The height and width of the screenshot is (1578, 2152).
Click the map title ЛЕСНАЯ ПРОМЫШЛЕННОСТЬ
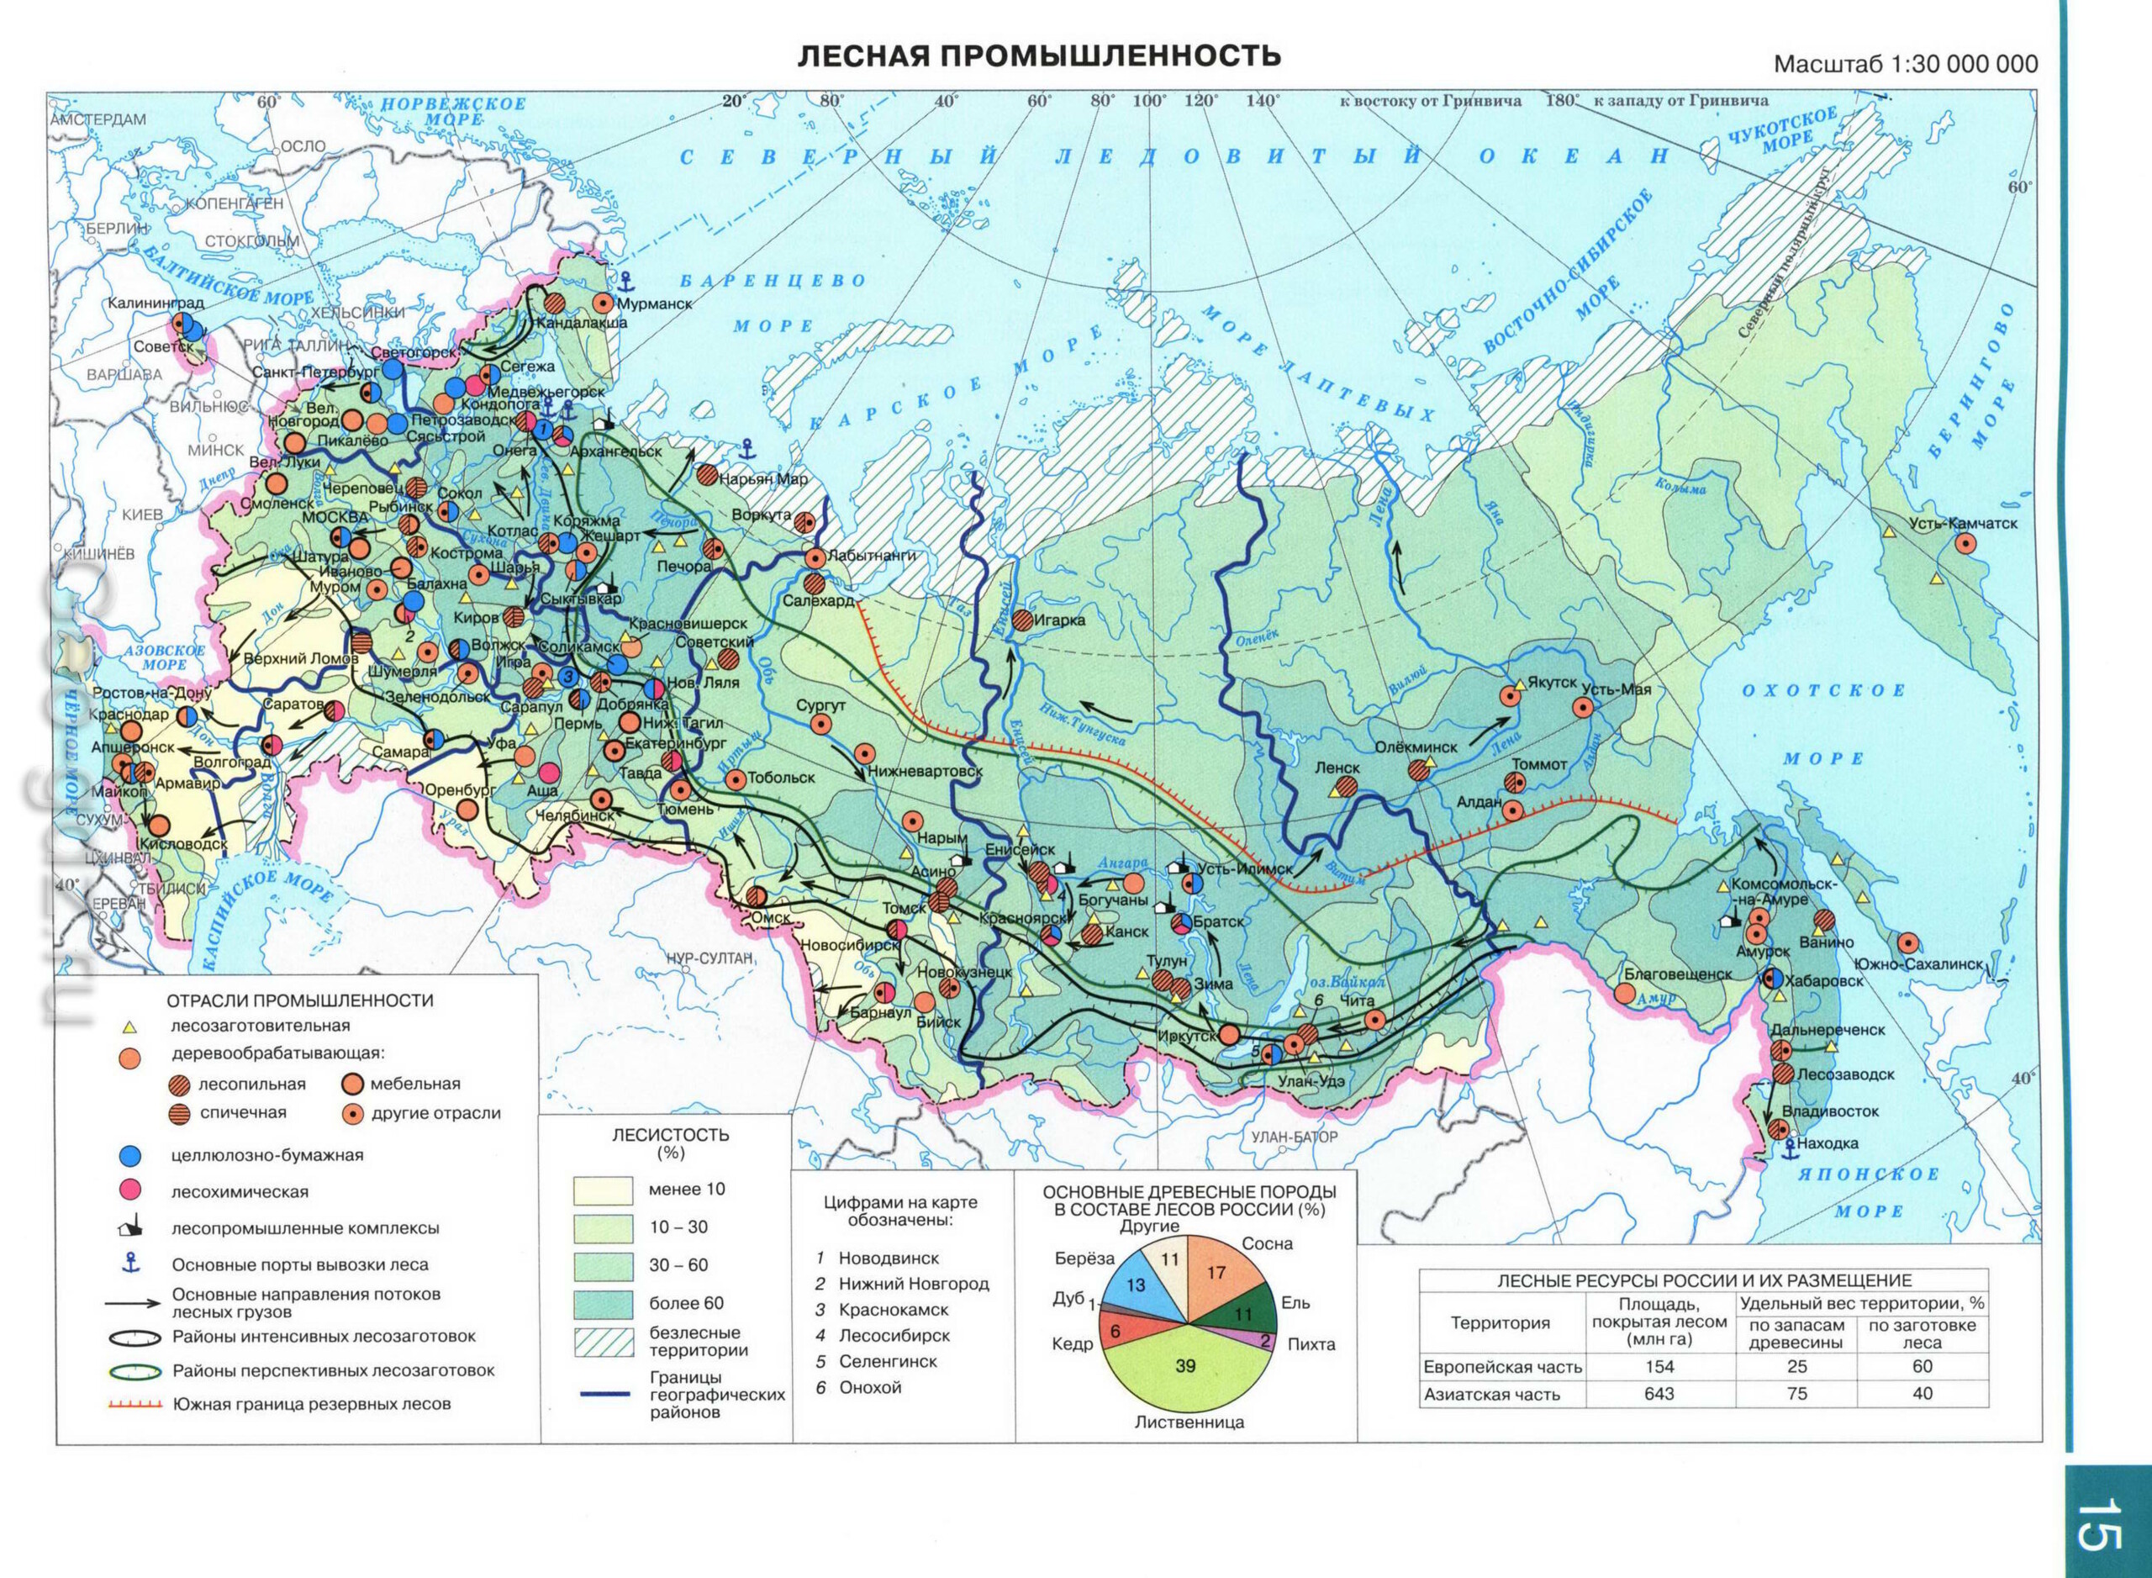pos(1038,55)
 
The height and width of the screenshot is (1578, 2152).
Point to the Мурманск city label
pos(654,303)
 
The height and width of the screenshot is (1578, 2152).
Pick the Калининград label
pos(155,303)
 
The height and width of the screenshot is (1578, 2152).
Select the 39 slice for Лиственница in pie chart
pos(1185,1367)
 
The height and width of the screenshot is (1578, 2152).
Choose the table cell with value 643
pos(1659,1394)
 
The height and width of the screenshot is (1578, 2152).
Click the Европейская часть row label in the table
pos(1501,1367)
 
